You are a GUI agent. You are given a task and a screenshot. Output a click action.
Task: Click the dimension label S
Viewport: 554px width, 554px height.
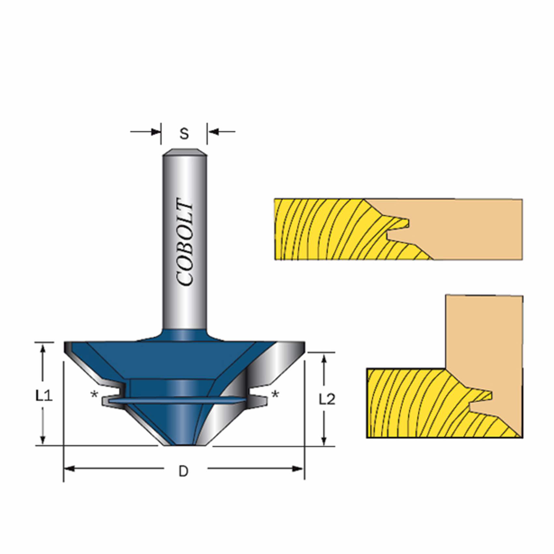[x=184, y=134]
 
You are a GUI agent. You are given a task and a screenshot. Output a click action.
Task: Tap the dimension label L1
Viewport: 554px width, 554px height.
[x=44, y=396]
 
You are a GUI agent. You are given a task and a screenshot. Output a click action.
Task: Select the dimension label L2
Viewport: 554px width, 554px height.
[x=327, y=399]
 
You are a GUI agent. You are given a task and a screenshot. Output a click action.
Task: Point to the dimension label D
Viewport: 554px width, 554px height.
[x=184, y=471]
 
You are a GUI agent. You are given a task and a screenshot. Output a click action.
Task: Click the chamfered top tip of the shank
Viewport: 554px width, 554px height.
[x=185, y=152]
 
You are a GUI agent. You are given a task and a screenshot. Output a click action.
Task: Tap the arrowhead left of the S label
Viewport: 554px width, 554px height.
[x=156, y=132]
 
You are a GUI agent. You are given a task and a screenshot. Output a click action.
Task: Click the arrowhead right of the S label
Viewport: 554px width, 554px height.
[x=212, y=132]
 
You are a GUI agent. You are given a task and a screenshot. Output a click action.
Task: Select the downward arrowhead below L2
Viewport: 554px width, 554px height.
[x=324, y=440]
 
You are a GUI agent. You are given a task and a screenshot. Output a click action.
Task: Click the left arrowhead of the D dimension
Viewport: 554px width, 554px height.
[x=69, y=469]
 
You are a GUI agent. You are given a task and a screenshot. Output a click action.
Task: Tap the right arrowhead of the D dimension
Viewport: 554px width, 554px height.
[x=298, y=469]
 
